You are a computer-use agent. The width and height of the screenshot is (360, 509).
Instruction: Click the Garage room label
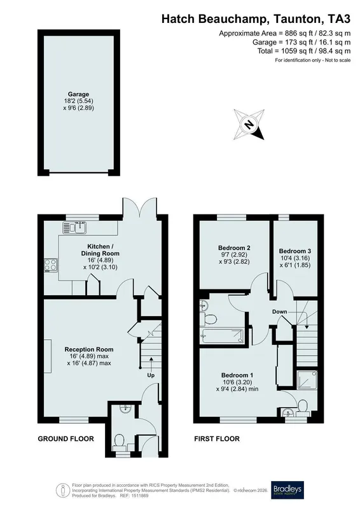(x=79, y=94)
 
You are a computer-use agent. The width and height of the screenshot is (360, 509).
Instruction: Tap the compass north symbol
(x=249, y=125)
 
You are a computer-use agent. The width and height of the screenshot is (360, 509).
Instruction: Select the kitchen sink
(x=74, y=227)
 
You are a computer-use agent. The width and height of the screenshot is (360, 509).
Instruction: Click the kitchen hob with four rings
(x=51, y=265)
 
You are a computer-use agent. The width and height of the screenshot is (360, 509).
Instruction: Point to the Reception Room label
(x=89, y=349)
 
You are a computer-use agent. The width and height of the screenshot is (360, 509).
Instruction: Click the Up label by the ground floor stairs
(x=151, y=375)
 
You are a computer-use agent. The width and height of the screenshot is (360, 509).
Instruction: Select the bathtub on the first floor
(x=223, y=336)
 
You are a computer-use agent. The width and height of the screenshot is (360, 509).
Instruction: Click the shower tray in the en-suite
(x=307, y=380)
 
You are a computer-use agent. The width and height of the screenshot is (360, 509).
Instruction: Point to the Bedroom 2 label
(x=234, y=248)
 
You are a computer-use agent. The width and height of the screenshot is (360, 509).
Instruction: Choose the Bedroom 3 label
(x=295, y=251)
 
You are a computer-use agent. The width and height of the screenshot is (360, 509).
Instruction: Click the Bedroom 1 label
(x=237, y=375)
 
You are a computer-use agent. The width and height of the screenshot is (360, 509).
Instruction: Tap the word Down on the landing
(x=279, y=312)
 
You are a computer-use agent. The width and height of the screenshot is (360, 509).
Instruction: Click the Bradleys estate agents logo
(x=287, y=489)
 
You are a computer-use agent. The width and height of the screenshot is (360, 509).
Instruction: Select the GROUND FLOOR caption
(x=66, y=439)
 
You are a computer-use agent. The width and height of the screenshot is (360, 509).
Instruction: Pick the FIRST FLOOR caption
(x=217, y=439)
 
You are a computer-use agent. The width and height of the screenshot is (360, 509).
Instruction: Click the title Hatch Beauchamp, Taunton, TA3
(x=256, y=19)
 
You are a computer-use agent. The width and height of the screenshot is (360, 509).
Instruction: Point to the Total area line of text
(x=304, y=51)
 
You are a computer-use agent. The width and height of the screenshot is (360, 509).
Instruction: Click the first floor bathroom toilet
(x=209, y=319)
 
